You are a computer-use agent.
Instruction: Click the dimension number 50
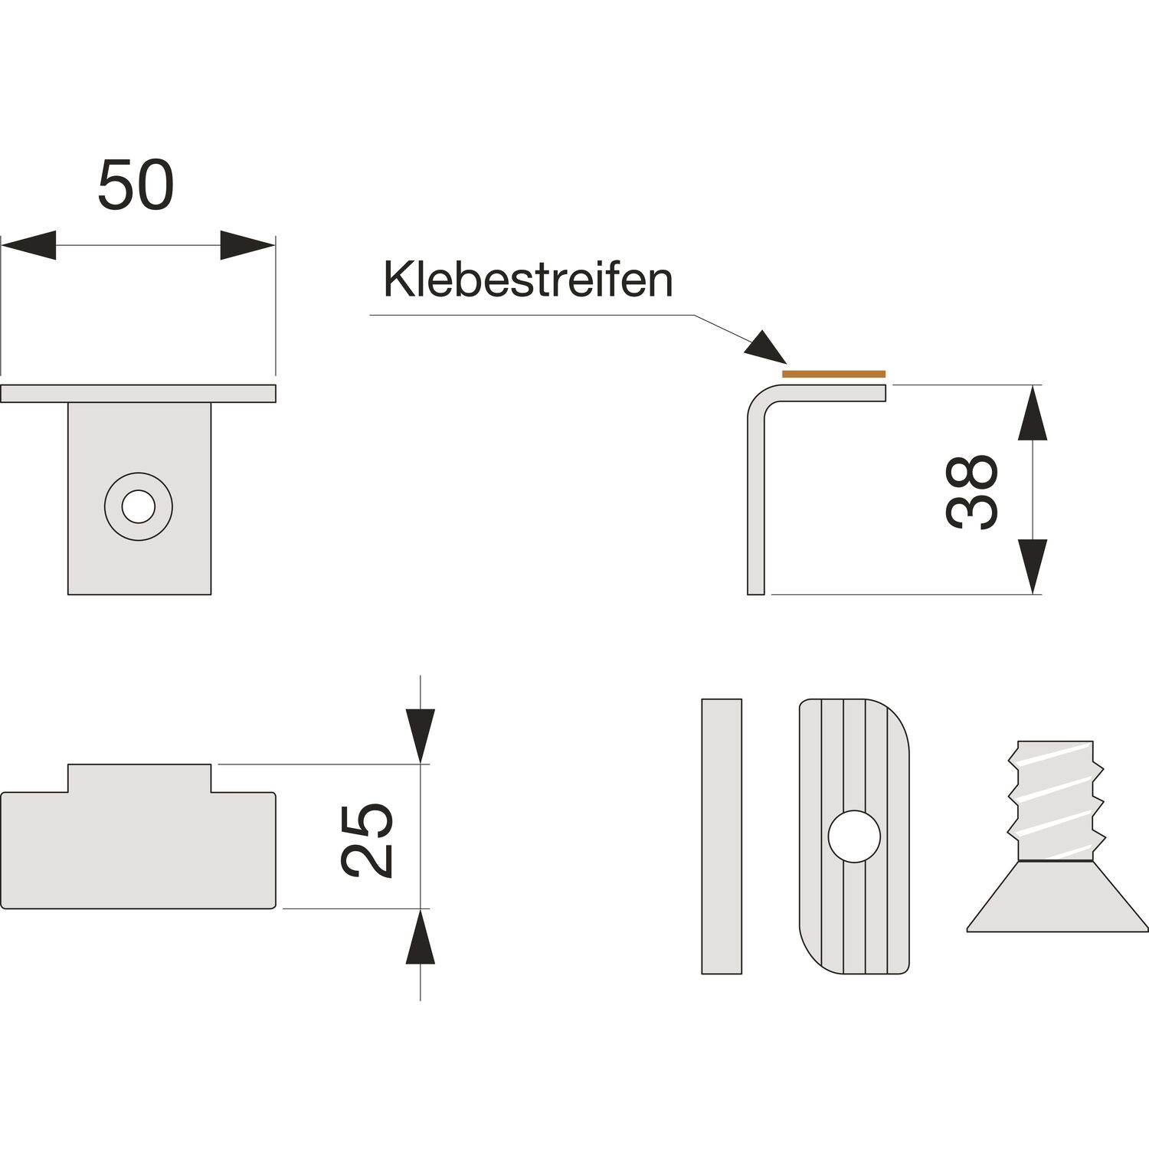pos(136,185)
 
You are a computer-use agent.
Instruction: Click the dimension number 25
pos(368,840)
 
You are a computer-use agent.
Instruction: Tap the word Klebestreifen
pos(528,280)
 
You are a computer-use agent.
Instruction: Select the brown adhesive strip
pos(833,374)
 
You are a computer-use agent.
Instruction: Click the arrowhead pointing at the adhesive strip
pos(766,348)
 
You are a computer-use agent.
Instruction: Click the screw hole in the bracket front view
pos(139,506)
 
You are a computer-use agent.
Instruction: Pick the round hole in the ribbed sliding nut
pos(854,836)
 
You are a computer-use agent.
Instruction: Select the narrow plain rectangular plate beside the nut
pos(722,836)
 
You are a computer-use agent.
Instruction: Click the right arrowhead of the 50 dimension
pos(247,245)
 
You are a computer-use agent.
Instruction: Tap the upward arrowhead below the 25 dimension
pos(421,939)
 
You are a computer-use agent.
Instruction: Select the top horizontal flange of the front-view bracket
pos(138,393)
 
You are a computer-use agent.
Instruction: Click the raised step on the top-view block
pos(139,777)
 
